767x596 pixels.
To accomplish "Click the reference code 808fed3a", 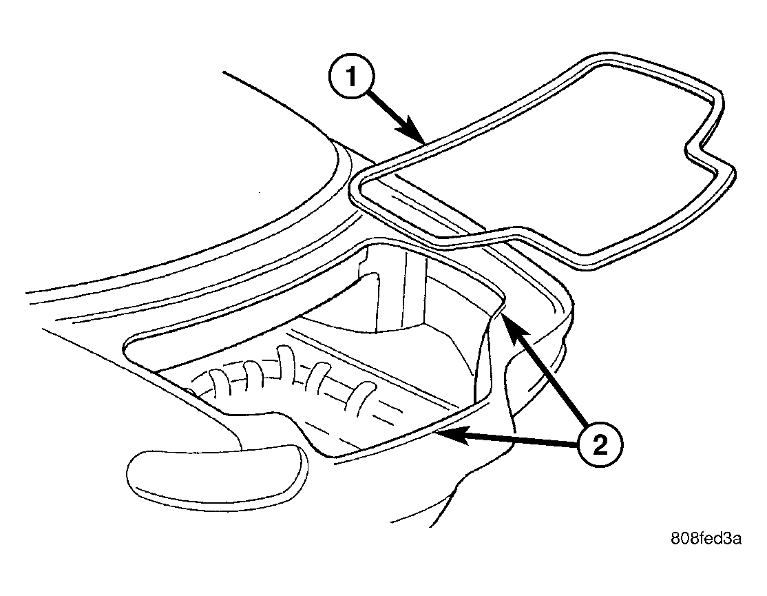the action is click(x=706, y=539).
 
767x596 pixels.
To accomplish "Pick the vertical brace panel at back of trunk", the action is click(x=401, y=294).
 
